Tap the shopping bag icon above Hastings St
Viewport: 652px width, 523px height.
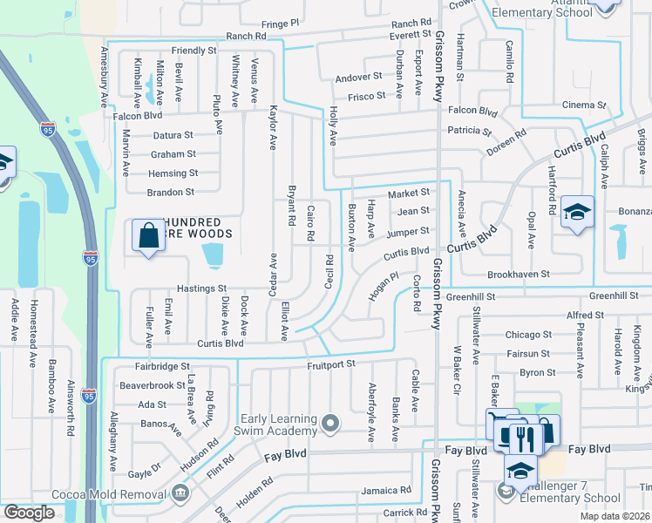pos(148,234)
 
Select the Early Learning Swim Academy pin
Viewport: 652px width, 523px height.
pos(329,424)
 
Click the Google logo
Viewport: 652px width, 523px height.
pos(29,513)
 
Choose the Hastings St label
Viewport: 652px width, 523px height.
pos(201,288)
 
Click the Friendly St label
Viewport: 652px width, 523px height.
pos(194,51)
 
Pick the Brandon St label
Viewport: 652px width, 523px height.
pos(171,192)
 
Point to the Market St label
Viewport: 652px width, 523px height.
pos(409,193)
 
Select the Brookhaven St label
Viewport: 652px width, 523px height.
pos(519,274)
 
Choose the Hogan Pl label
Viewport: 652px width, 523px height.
pos(382,286)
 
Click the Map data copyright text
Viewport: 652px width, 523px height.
pos(615,516)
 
